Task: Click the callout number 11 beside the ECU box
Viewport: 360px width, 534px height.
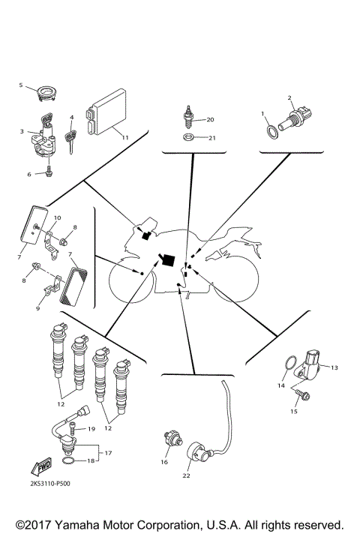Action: [125, 138]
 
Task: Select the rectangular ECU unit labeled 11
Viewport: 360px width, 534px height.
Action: [106, 114]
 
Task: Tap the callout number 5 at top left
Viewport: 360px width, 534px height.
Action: [21, 85]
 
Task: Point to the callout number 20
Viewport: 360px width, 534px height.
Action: [210, 119]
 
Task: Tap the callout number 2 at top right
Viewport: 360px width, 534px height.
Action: [289, 97]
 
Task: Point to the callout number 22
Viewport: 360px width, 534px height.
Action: [187, 475]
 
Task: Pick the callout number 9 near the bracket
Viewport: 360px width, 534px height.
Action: [37, 307]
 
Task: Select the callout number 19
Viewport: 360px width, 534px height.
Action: [91, 429]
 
